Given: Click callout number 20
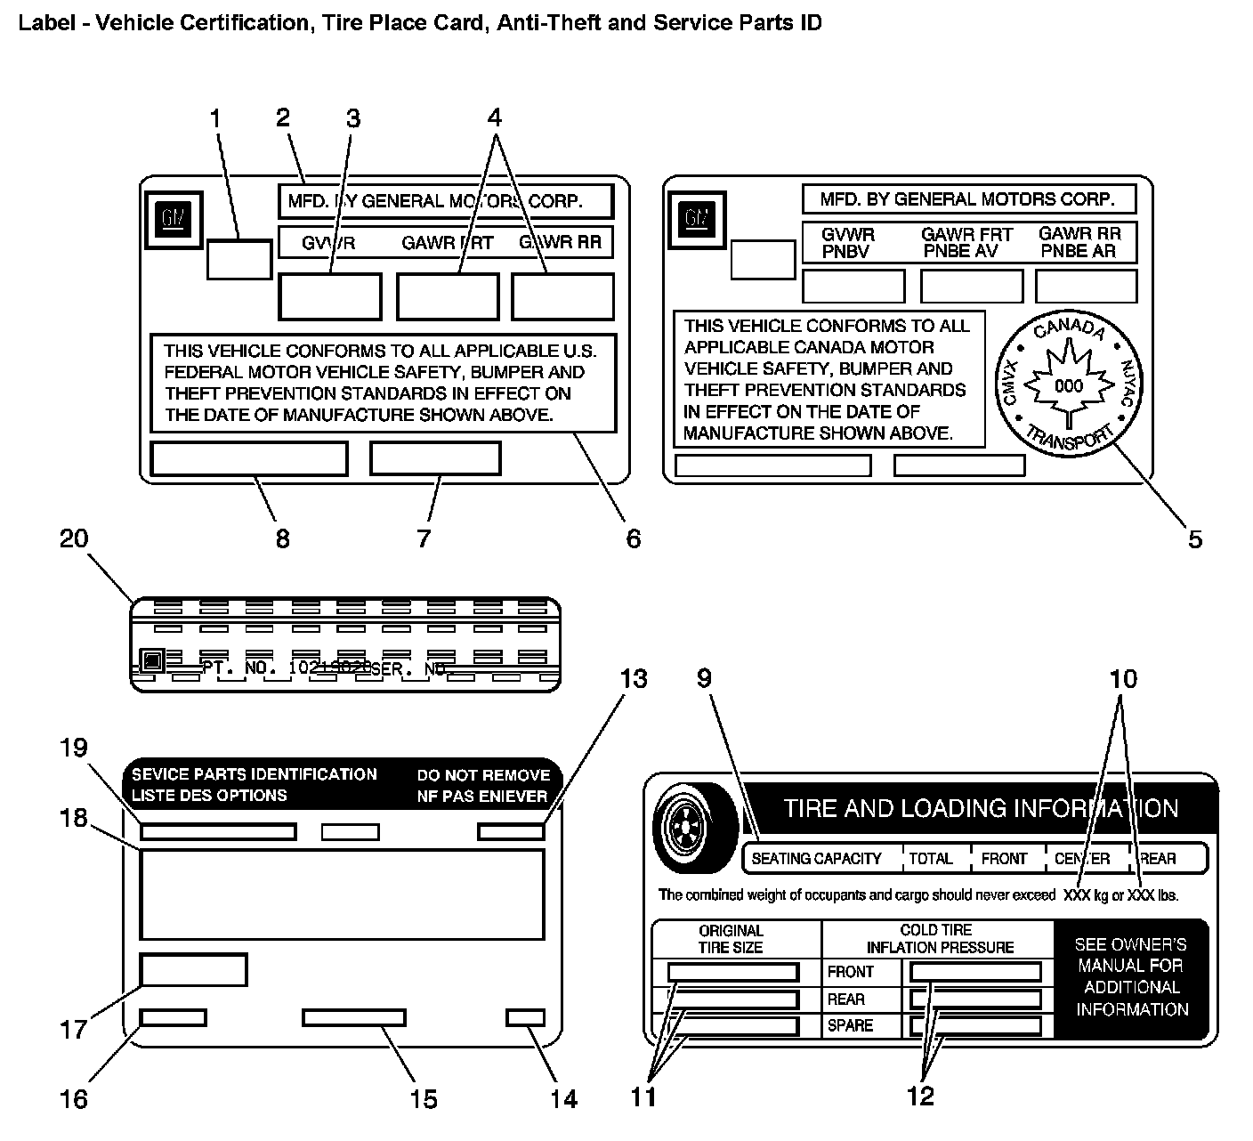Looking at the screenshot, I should pos(75,538).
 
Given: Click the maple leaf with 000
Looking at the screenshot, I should pos(1068,385).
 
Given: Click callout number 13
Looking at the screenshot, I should pos(634,679).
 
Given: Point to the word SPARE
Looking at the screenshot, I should pos(850,1025).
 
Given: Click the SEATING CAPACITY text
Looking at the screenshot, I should pos(816,859).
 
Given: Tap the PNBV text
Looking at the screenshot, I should pos(845,251).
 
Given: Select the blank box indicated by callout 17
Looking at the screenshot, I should pos(193,969).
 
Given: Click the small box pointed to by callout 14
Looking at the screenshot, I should pos(525,1017).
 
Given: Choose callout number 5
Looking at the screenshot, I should pos(1194,538).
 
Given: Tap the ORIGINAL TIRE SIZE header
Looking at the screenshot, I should pos(731,939).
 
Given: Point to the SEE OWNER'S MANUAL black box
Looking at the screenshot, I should pos(1131,977).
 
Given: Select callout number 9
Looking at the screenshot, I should pos(704,679).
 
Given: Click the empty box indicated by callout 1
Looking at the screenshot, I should pos(239,259).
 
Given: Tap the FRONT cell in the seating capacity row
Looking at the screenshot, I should pos(1004,859).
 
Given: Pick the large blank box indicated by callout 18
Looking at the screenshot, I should pos(342,894).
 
